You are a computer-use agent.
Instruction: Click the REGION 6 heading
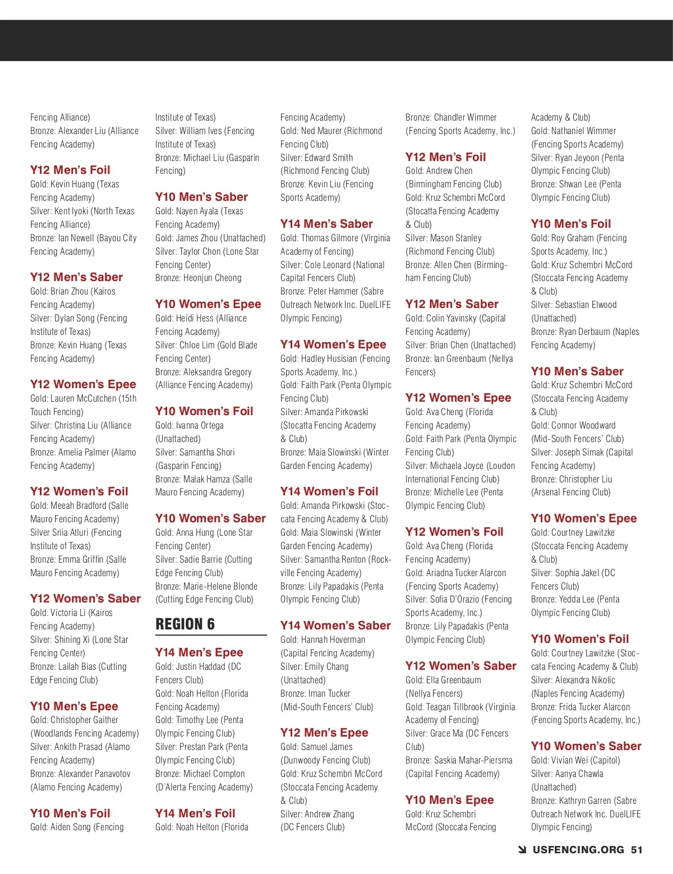click(185, 624)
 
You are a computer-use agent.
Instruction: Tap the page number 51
click(637, 850)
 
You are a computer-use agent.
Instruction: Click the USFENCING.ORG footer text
click(578, 850)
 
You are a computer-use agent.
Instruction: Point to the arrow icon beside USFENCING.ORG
click(522, 850)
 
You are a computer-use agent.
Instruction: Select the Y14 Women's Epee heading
click(333, 344)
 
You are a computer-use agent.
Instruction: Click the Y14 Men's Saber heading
click(326, 224)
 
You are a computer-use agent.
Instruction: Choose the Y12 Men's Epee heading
click(324, 733)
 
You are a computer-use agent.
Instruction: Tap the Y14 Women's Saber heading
click(335, 625)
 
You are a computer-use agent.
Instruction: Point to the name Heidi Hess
click(195, 318)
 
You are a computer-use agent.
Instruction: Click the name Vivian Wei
click(571, 760)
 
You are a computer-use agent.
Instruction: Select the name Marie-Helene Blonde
click(220, 586)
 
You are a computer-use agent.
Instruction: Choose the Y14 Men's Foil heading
click(195, 813)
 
